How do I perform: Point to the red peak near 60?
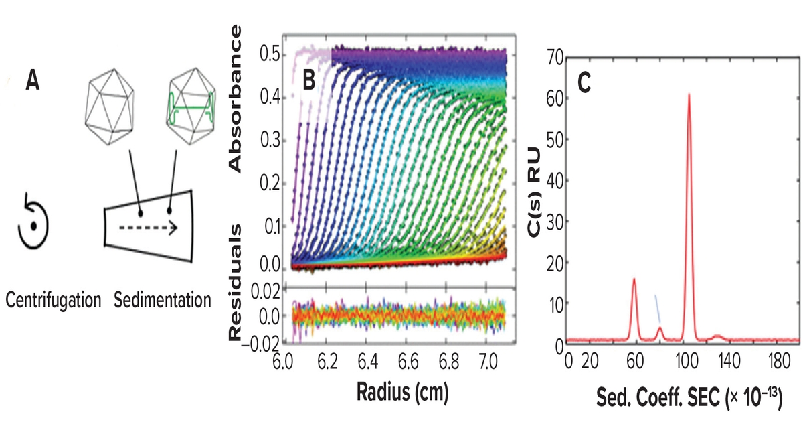[634, 279]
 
